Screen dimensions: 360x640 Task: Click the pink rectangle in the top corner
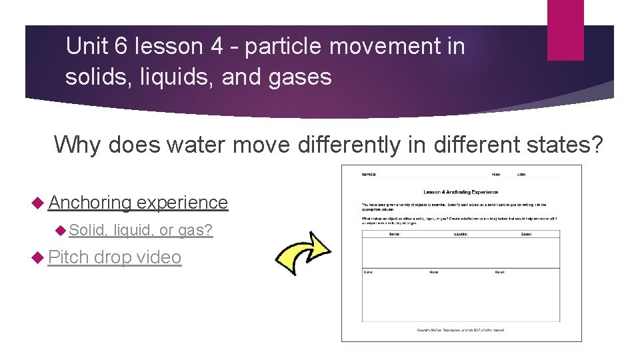point(565,30)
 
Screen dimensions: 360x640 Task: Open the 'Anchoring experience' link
point(138,203)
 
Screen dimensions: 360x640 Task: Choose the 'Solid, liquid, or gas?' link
point(141,230)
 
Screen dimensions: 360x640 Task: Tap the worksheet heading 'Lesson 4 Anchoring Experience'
point(461,192)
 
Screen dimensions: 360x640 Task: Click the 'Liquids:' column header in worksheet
point(461,234)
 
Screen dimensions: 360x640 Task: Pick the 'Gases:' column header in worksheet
point(527,234)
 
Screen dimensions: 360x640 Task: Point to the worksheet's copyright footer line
point(461,329)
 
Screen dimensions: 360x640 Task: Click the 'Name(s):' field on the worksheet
point(369,175)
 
